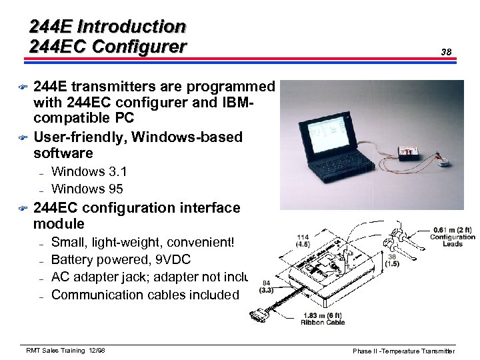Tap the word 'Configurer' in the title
pos(139,47)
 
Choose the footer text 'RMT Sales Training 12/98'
pos(65,351)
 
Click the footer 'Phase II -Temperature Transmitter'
pos(404,351)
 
